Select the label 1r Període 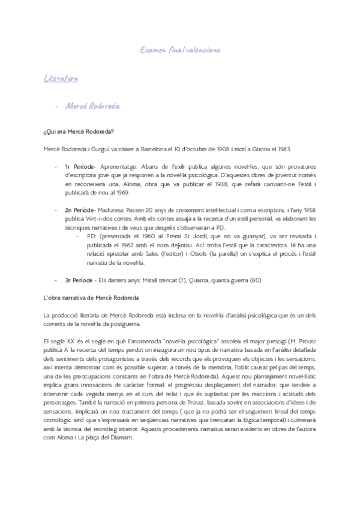77,166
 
